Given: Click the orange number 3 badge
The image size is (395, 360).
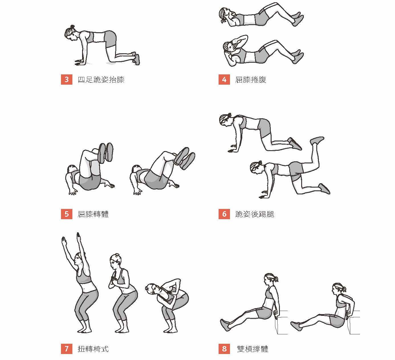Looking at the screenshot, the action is [x=67, y=80].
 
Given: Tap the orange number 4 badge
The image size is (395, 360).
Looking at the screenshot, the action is [x=224, y=80].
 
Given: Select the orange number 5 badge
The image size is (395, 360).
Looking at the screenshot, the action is [x=67, y=214].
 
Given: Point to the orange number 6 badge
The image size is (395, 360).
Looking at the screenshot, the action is [x=224, y=214].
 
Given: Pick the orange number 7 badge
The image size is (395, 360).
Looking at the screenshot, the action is [x=67, y=349].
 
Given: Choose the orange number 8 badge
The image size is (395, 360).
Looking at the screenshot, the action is [x=224, y=349].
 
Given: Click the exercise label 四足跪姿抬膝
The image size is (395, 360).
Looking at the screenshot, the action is [x=101, y=80].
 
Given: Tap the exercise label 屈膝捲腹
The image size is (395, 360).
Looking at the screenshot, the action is [x=251, y=80].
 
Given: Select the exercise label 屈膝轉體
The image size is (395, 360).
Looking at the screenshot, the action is [x=93, y=214].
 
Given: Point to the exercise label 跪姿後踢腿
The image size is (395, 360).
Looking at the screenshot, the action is [x=254, y=214].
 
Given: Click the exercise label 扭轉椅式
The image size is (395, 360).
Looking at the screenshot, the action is [x=93, y=349].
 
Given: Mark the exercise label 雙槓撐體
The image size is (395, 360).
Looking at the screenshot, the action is [x=253, y=349].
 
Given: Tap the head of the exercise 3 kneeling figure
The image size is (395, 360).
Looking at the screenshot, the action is [x=70, y=33].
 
